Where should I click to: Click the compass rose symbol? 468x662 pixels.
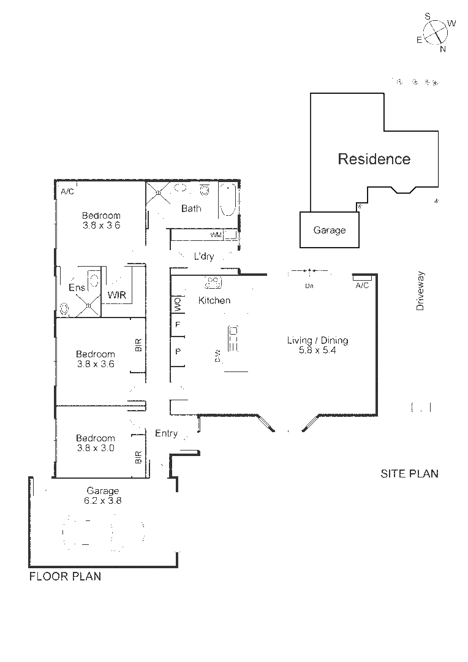click(436, 32)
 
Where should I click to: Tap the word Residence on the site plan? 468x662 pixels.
click(374, 159)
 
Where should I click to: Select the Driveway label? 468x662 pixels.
click(420, 291)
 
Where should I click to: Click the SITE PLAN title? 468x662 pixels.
click(409, 473)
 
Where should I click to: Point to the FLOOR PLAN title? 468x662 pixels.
click(65, 576)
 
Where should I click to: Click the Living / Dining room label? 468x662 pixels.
click(317, 341)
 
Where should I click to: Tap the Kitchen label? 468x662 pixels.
click(214, 300)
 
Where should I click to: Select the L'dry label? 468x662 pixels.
click(203, 256)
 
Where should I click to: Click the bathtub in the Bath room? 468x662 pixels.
click(227, 200)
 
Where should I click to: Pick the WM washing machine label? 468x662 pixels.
click(216, 235)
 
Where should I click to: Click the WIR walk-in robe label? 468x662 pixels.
click(116, 295)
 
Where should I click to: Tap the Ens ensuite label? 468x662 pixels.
click(76, 287)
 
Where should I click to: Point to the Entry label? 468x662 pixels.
click(166, 433)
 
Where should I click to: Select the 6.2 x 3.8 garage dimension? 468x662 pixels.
click(103, 500)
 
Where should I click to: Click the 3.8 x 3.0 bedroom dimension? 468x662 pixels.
click(95, 447)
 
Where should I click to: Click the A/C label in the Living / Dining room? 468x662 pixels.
click(362, 286)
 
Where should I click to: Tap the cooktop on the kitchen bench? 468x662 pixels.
click(213, 282)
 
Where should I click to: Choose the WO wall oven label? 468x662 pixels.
click(178, 303)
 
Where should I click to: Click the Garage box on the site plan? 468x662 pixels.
click(330, 230)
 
